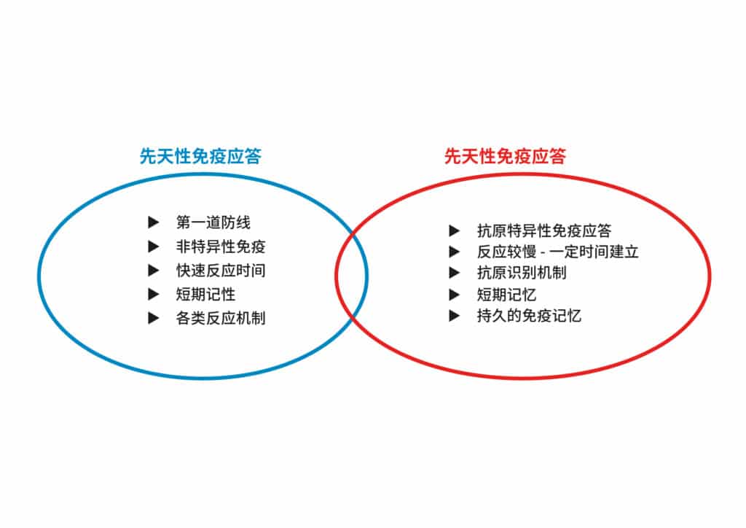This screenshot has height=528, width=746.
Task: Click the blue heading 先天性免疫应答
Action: [x=200, y=156]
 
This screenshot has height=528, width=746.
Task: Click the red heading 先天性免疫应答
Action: [x=505, y=156]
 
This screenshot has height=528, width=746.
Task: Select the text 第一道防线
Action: [x=213, y=222]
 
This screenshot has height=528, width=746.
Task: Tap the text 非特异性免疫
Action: [x=221, y=246]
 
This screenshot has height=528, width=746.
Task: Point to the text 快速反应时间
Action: [x=221, y=271]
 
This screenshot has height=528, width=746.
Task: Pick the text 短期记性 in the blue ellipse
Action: [x=205, y=294]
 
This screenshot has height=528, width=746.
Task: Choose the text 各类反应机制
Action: [x=221, y=318]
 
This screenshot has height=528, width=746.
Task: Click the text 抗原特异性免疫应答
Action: [x=544, y=231]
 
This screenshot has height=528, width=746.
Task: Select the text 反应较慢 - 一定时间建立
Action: [x=557, y=252]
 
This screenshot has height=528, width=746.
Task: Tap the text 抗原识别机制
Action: [x=522, y=273]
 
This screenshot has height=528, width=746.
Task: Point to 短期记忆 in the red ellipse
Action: [x=507, y=295]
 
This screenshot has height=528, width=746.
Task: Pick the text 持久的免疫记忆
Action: [x=529, y=316]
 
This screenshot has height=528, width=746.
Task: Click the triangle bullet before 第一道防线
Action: [x=153, y=222]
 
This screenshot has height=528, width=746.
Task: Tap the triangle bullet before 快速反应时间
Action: [x=153, y=271]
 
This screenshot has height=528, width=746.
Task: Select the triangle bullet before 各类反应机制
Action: [x=153, y=318]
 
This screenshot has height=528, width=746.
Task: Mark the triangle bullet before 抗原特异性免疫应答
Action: [x=455, y=231]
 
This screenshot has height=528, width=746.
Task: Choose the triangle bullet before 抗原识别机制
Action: [x=455, y=273]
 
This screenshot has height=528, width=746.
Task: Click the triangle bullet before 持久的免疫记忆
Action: [x=455, y=316]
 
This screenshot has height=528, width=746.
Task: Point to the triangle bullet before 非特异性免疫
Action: [x=153, y=246]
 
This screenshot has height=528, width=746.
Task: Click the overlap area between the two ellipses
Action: [x=351, y=275]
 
